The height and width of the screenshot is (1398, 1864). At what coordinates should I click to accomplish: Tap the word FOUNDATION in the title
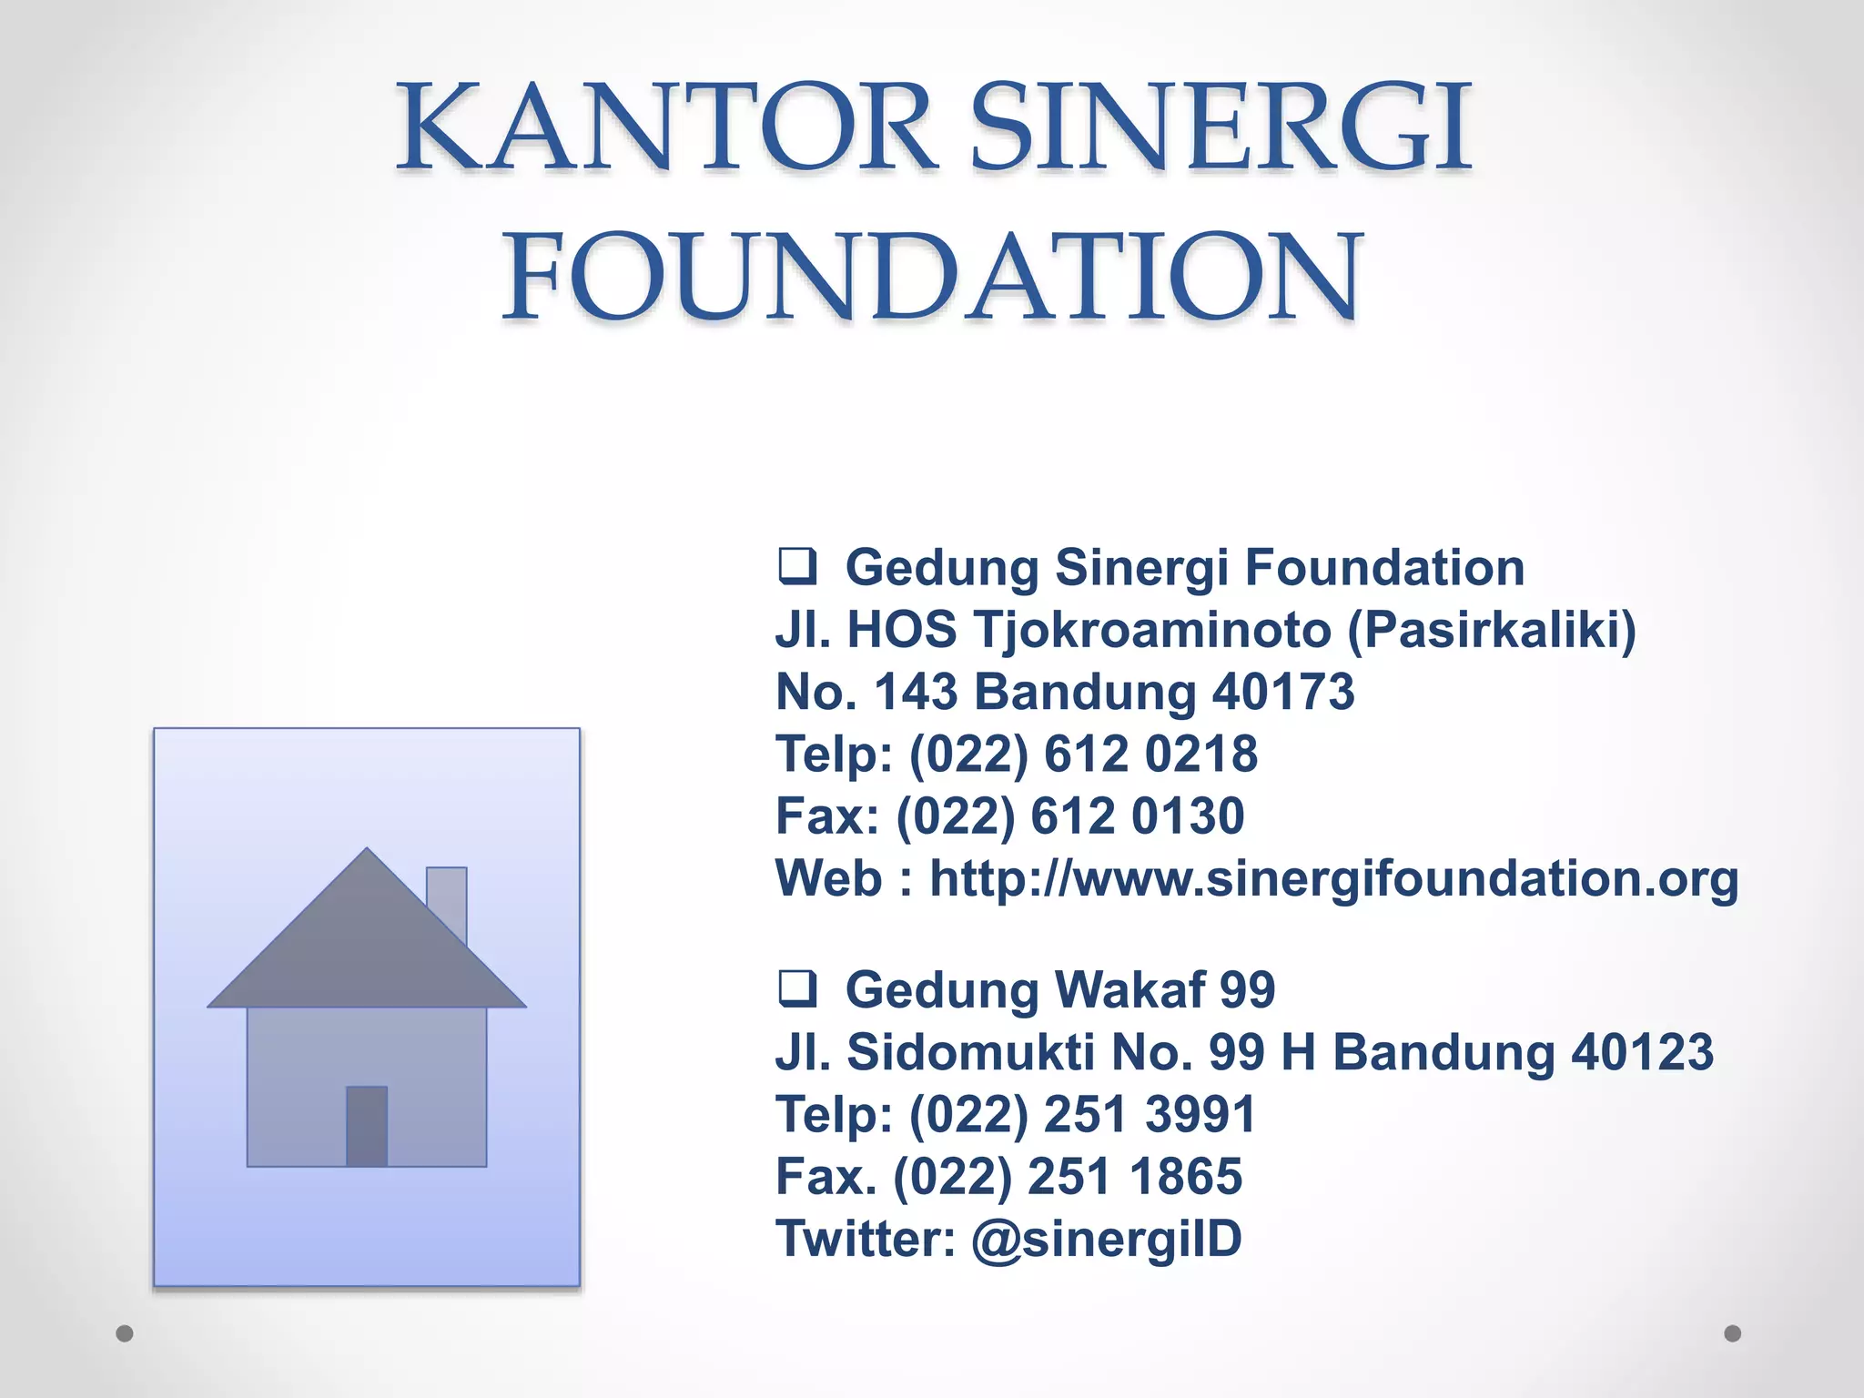(932, 277)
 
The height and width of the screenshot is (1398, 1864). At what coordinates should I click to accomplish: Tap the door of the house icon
(367, 1126)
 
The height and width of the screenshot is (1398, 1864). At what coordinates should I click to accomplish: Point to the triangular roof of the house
(367, 947)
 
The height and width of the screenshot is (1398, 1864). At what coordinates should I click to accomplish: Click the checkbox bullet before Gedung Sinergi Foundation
(797, 566)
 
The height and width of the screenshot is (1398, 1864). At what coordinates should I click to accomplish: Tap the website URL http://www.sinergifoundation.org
(1333, 879)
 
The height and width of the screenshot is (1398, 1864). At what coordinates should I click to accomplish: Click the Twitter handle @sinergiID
(1107, 1240)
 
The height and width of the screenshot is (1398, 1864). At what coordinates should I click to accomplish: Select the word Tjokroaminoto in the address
(1152, 630)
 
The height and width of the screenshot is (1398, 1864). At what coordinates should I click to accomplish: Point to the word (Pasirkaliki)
(1491, 630)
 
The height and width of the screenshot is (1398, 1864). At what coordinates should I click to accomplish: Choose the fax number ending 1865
(1134, 1176)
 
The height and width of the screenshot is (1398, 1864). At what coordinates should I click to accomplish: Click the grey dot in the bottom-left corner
(125, 1333)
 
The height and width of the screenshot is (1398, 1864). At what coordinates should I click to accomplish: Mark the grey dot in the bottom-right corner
(1733, 1333)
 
